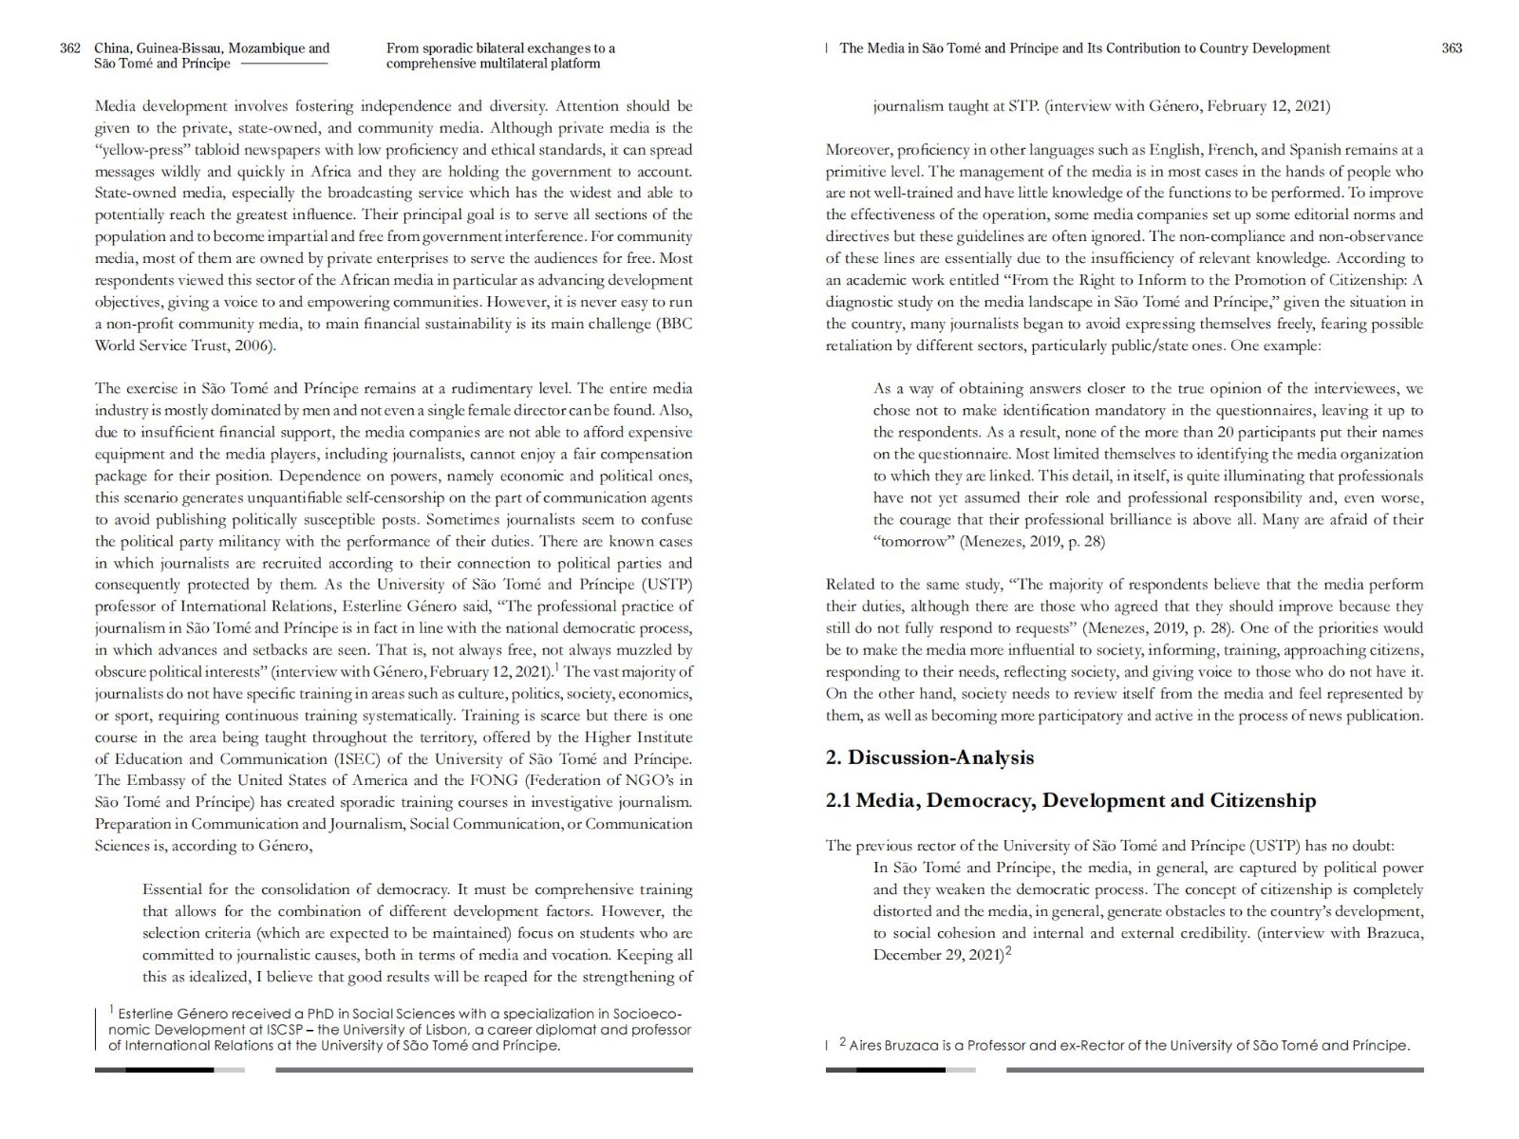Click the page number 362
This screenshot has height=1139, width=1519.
(x=70, y=48)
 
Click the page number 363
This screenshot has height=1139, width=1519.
(x=1452, y=48)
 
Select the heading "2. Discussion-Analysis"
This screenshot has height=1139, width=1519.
(x=929, y=757)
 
